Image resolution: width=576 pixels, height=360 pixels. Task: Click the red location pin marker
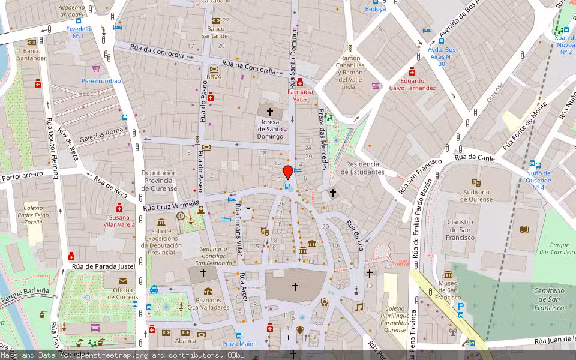point(288,172)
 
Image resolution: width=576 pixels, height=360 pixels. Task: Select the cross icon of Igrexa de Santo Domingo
point(270,112)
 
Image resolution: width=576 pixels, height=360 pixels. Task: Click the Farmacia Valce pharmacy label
point(301,95)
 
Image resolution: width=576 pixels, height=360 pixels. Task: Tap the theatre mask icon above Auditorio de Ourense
point(477,182)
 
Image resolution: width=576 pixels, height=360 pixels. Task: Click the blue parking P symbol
point(461,306)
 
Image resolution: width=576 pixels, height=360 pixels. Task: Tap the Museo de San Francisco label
point(448,290)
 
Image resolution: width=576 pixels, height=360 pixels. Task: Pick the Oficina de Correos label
point(122,294)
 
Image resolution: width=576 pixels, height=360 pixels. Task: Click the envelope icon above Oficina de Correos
point(122,280)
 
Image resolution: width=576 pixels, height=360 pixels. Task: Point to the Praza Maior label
point(239,344)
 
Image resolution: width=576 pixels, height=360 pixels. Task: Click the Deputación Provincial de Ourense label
point(159,181)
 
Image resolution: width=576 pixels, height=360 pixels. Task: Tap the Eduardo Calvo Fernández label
point(412,84)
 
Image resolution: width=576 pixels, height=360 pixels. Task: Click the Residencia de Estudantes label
point(362,168)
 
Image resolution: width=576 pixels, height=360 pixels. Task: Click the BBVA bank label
point(214,77)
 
